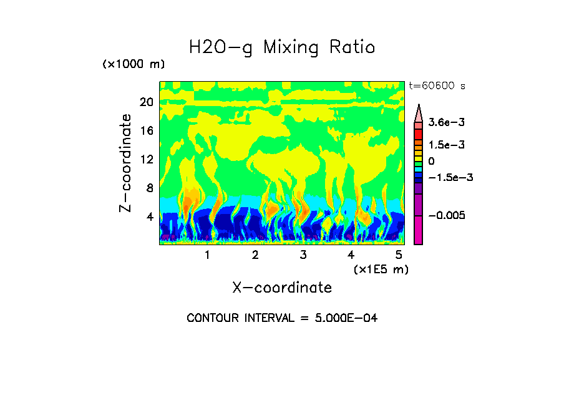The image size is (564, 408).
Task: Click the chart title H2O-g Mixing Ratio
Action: tap(282, 47)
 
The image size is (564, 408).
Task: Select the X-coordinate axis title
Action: tap(282, 288)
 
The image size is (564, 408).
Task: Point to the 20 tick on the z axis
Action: tap(146, 102)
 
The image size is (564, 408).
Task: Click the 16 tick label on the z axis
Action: tap(146, 131)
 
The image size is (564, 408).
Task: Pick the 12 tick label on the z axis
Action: tap(146, 160)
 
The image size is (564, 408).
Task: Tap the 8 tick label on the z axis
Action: tap(149, 188)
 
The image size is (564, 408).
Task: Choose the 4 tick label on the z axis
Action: tap(149, 217)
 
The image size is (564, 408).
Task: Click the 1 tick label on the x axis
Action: tap(207, 255)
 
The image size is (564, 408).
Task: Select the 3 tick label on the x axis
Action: tap(303, 255)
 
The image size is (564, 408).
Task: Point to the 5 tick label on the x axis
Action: tap(399, 255)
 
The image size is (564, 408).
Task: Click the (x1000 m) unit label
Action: tap(134, 65)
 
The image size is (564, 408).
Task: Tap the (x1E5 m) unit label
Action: tap(381, 269)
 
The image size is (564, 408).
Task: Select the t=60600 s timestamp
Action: tap(437, 85)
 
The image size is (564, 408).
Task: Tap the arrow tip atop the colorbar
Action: tap(419, 106)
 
